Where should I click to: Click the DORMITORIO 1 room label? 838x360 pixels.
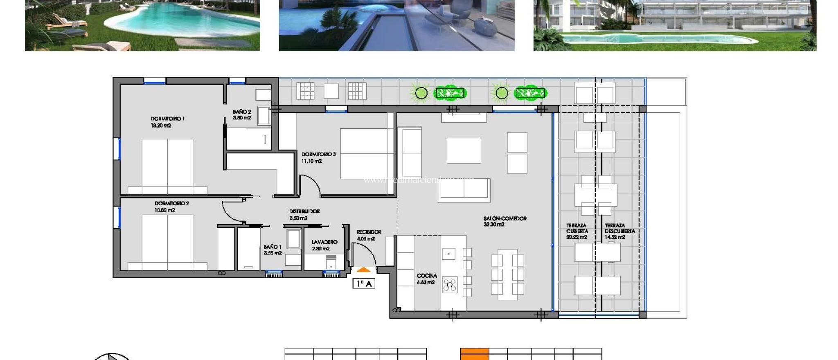click(167, 119)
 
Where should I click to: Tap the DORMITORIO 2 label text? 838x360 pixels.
click(171, 203)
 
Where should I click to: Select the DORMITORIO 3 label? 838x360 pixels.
click(318, 154)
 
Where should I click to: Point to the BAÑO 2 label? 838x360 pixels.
click(242, 112)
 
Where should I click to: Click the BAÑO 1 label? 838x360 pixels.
click(273, 247)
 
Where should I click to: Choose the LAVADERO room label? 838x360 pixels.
click(324, 242)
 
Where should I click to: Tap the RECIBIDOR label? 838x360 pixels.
click(369, 232)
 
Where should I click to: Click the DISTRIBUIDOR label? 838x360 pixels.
click(304, 211)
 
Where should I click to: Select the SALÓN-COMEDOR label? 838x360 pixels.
click(505, 218)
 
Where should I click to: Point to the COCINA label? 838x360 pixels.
click(427, 276)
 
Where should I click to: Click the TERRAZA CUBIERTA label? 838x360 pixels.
click(577, 228)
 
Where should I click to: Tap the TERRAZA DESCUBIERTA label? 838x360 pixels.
click(619, 228)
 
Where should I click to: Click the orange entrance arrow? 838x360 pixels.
click(363, 270)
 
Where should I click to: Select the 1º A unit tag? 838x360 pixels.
click(364, 283)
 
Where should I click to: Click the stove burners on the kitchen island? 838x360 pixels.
click(449, 285)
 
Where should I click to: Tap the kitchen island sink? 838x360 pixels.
click(448, 254)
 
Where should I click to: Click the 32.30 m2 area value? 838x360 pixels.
click(494, 225)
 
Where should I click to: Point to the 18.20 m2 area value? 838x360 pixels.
click(161, 126)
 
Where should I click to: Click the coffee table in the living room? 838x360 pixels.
click(464, 151)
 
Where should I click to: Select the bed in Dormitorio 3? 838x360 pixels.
click(367, 154)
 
